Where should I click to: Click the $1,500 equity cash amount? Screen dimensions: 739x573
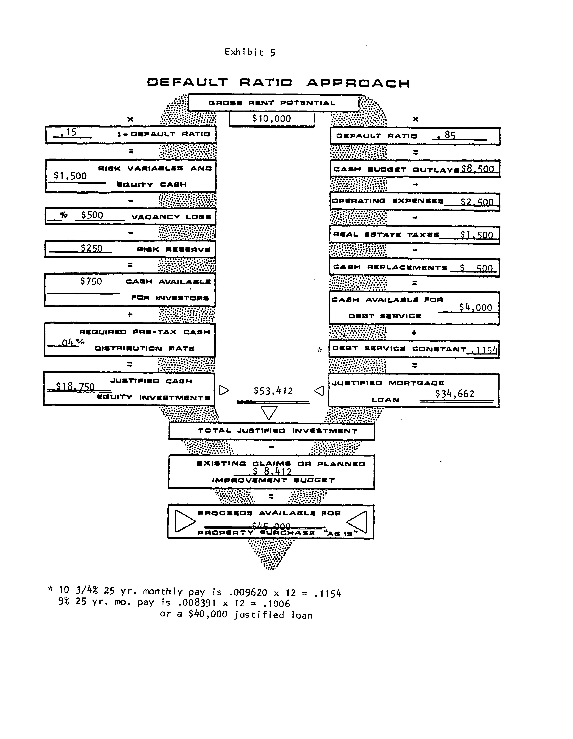pos(70,176)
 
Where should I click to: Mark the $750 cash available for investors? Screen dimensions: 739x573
pos(91,281)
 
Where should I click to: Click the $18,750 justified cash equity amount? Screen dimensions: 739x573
pos(75,386)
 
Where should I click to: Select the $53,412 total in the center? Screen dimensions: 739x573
pos(273,391)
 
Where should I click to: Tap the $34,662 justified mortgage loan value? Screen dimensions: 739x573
pos(455,394)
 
